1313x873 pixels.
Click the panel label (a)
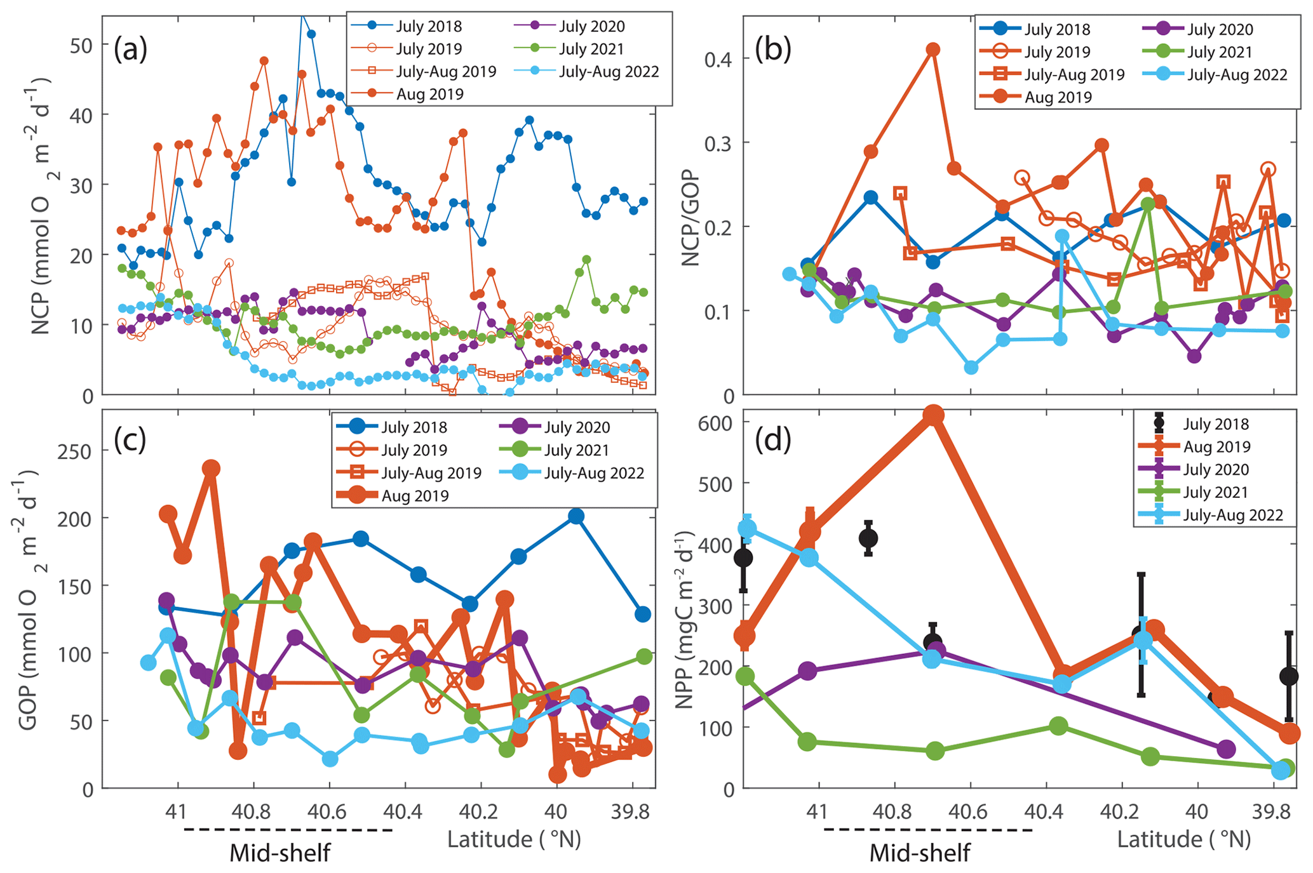click(130, 50)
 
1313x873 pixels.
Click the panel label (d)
click(772, 441)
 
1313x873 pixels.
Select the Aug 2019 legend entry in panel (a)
click(429, 94)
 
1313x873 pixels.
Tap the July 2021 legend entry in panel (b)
click(1220, 52)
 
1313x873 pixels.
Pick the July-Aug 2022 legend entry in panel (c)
click(594, 473)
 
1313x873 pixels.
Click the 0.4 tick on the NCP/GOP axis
click(720, 59)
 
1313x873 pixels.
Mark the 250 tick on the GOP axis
click(74, 451)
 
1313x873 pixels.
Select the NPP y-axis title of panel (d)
click(687, 600)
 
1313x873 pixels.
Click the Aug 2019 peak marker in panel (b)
click(933, 50)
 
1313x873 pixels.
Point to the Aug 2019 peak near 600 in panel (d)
click(933, 416)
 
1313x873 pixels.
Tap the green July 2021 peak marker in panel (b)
click(1147, 204)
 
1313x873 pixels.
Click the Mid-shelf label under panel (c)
click(279, 853)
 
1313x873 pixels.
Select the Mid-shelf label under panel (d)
click(919, 853)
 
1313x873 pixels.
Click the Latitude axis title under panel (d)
click(1183, 839)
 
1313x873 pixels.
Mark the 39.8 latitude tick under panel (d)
click(1272, 813)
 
